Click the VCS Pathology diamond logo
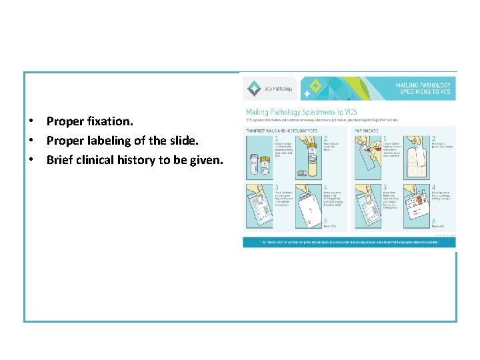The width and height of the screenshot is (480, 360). pyautogui.click(x=254, y=89)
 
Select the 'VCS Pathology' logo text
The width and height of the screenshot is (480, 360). pyautogui.click(x=279, y=89)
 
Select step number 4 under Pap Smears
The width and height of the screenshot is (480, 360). pyautogui.click(x=433, y=189)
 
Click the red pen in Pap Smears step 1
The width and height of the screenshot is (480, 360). pyautogui.click(x=364, y=144)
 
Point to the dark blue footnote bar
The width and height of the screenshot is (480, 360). pyautogui.click(x=349, y=242)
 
